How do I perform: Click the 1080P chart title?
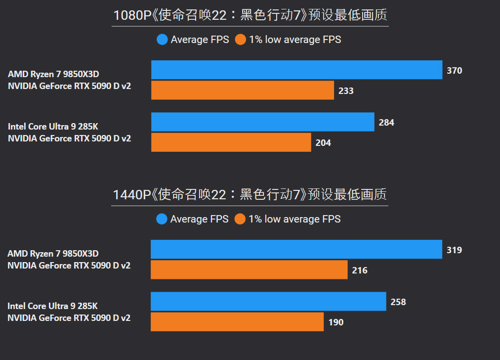click(250, 15)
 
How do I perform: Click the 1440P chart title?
click(250, 195)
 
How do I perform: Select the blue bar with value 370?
click(296, 70)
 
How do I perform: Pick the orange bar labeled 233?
click(243, 90)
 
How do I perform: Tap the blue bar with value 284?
click(262, 122)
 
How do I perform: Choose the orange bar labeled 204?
click(231, 142)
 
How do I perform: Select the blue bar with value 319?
click(296, 249)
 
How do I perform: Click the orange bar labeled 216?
click(249, 270)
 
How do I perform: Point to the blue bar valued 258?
click(268, 302)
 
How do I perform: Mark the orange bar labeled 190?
click(237, 322)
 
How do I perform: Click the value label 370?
click(455, 71)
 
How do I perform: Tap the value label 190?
click(336, 322)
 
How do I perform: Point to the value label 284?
click(386, 123)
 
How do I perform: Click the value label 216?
click(360, 270)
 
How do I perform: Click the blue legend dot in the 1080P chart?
click(163, 40)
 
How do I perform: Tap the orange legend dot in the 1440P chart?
click(240, 219)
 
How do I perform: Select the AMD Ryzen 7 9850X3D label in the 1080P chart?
click(53, 74)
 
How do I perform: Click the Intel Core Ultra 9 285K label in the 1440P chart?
click(52, 306)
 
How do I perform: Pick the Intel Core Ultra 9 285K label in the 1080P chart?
click(53, 127)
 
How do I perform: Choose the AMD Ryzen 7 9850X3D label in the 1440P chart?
click(53, 254)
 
